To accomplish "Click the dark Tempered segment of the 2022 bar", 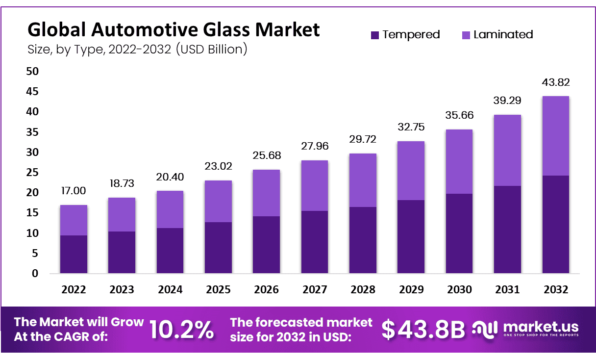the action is click(74, 254).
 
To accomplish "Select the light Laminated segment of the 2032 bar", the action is click(555, 136).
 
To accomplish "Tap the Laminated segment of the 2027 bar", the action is click(315, 185).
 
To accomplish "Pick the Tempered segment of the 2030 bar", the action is click(459, 233).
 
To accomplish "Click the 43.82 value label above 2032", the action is click(556, 82).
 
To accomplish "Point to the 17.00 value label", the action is click(74, 191).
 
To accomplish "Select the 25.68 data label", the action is click(267, 155).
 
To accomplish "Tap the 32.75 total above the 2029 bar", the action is click(411, 127).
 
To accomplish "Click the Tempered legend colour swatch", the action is click(374, 35).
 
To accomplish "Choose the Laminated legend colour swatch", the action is click(466, 35).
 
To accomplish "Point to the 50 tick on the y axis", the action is click(32, 71).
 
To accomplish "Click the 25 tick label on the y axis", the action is click(32, 173).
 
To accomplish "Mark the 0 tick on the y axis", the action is click(35, 274).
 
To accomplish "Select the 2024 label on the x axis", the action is click(170, 290).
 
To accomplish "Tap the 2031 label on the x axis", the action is click(507, 290).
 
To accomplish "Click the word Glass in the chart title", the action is click(227, 29).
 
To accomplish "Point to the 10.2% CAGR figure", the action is click(182, 330).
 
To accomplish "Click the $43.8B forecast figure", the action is click(423, 330).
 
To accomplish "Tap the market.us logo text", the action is click(541, 327).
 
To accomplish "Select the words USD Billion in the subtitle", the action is click(212, 50).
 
